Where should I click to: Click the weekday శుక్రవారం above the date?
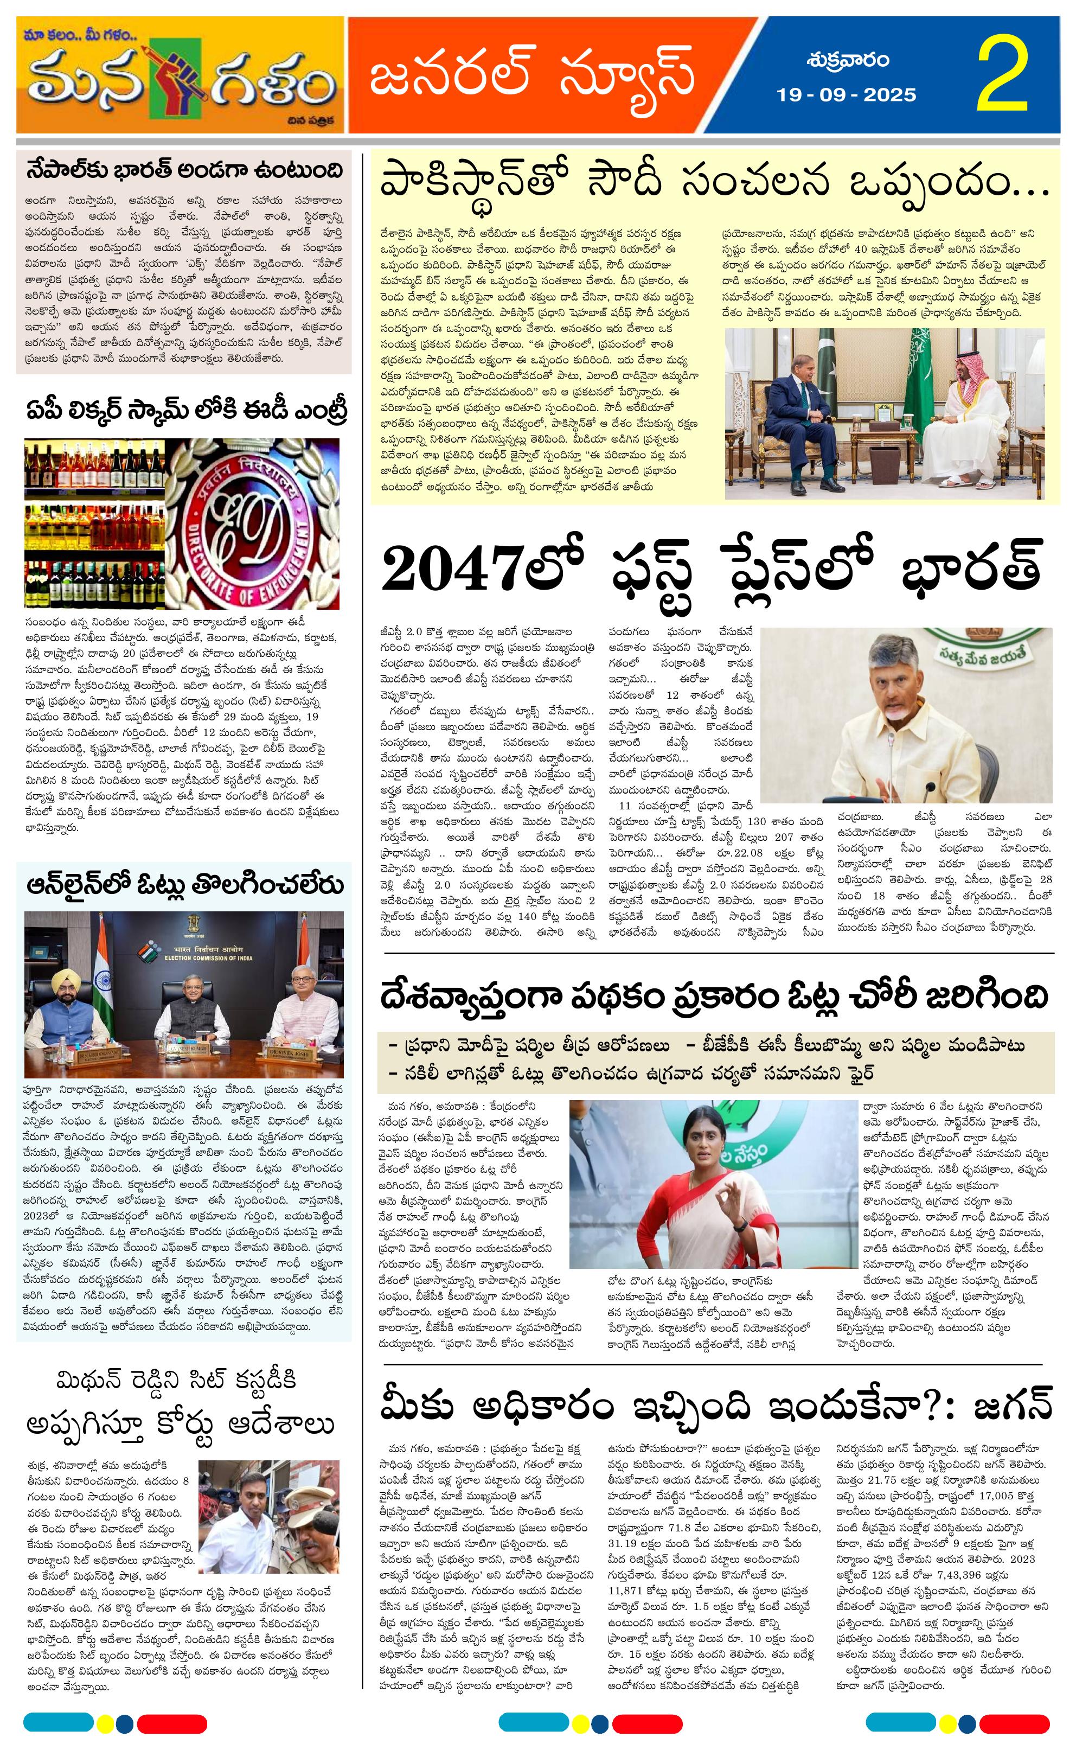click(x=847, y=61)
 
